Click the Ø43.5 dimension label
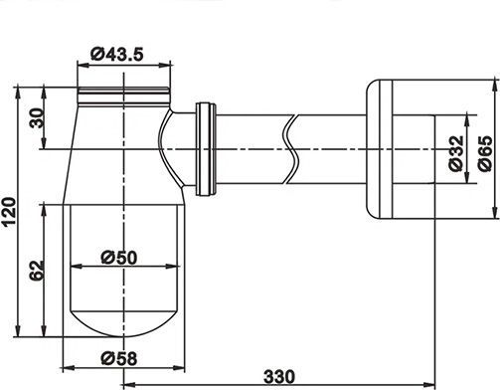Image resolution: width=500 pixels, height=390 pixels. point(117,54)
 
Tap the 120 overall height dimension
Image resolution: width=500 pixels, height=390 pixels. point(9,211)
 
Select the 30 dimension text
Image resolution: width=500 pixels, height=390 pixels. point(37,118)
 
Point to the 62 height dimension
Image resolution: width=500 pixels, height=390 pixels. point(37,271)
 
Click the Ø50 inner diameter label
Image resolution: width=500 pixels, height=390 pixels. point(118,258)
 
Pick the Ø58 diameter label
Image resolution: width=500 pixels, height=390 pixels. point(118,358)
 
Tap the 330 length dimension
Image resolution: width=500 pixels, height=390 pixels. point(279,377)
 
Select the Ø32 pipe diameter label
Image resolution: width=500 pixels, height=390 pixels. point(456,153)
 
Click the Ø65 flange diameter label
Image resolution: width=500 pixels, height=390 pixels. point(485,153)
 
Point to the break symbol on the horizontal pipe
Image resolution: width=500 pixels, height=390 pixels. point(291,149)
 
